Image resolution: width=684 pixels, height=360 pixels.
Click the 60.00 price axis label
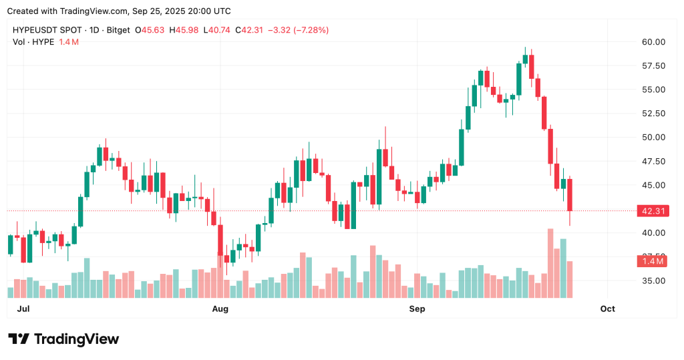(x=653, y=41)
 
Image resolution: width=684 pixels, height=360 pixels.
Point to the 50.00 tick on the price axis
(x=653, y=137)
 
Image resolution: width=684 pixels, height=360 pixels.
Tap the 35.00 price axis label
(x=653, y=281)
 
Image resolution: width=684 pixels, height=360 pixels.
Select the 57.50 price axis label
(x=653, y=65)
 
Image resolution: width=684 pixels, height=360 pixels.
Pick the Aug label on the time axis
(x=220, y=309)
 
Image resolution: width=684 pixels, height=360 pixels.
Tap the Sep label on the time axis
(x=417, y=309)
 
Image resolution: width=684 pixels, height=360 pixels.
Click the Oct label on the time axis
(x=607, y=309)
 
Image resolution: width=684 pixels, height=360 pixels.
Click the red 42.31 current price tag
(x=653, y=211)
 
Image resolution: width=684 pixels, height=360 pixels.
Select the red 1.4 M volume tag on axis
(x=653, y=261)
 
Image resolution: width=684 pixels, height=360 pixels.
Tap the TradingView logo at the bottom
(x=63, y=339)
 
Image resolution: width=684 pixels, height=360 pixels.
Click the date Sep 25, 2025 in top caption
(x=160, y=11)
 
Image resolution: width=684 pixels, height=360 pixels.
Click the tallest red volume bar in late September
(x=550, y=263)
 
